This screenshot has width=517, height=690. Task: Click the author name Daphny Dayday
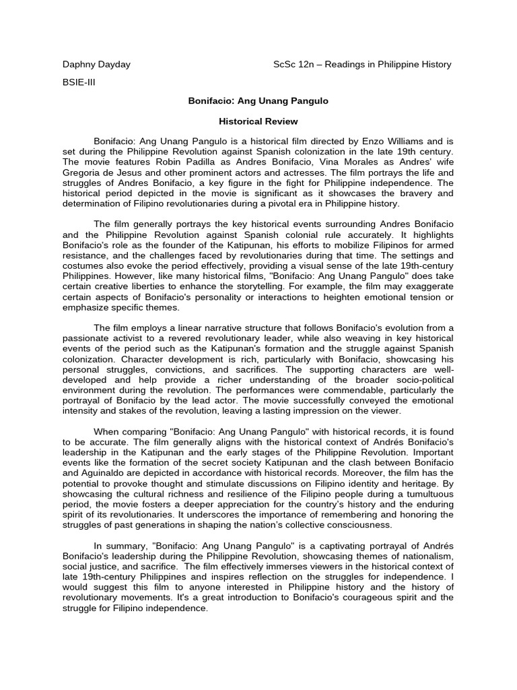coord(96,65)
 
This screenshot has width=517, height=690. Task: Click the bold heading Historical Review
coord(258,121)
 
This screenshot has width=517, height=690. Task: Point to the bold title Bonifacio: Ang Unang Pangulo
coord(258,100)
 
